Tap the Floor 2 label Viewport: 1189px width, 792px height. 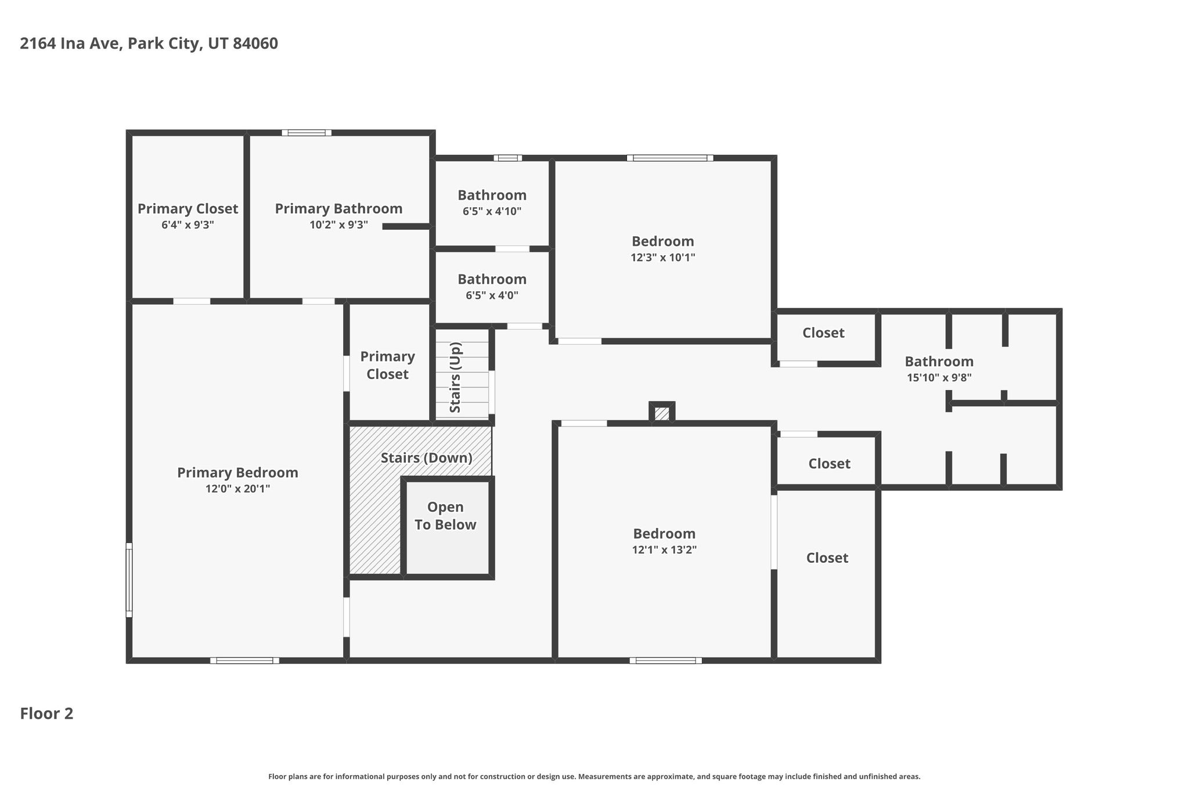click(x=46, y=714)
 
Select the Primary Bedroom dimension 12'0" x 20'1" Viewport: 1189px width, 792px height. click(x=237, y=489)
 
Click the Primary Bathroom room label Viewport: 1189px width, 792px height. click(x=338, y=208)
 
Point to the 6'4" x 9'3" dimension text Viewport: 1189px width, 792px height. click(x=188, y=225)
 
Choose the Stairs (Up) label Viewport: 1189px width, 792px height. click(x=455, y=378)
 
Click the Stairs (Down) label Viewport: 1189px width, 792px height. click(x=427, y=458)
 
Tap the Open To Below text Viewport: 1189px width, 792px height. click(x=445, y=516)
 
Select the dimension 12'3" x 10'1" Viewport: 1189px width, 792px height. click(x=663, y=257)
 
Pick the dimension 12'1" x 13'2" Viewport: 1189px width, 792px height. click(x=664, y=549)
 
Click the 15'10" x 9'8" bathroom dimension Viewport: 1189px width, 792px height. click(x=939, y=377)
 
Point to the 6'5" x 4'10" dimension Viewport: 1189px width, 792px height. click(x=492, y=211)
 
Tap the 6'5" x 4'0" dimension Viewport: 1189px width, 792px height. click(x=492, y=295)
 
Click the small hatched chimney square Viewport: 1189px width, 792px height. click(x=662, y=414)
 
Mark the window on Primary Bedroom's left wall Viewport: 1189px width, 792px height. click(x=129, y=580)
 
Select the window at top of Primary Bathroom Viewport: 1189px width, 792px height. click(x=307, y=133)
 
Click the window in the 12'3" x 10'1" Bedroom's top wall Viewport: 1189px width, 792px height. click(x=670, y=158)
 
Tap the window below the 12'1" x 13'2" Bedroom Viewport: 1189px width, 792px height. click(x=665, y=660)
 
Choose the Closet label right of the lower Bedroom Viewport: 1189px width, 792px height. click(x=827, y=558)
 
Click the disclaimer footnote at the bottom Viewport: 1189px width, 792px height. click(x=594, y=776)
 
